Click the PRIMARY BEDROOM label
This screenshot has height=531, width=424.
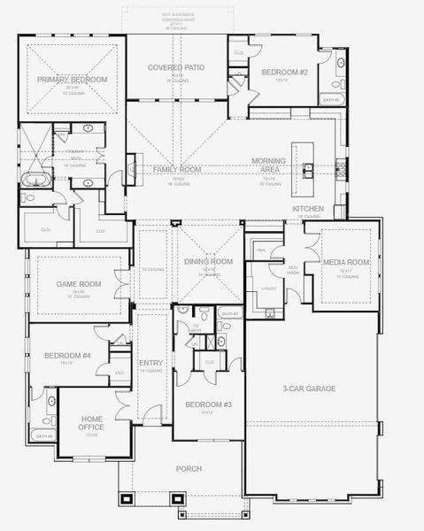tap(72, 80)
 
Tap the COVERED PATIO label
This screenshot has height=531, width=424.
tap(176, 66)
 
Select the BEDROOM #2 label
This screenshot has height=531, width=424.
tap(281, 72)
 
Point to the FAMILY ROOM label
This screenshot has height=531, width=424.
tap(176, 169)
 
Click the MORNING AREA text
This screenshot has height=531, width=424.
tap(268, 165)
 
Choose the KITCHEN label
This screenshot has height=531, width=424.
tap(308, 209)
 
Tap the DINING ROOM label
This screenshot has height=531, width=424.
tap(208, 261)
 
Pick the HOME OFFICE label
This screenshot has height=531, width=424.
tap(91, 423)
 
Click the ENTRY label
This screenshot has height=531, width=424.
tap(150, 363)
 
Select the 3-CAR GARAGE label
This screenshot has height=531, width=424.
tap(309, 388)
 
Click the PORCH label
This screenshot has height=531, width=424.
tap(189, 468)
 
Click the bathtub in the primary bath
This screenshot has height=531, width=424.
tap(35, 180)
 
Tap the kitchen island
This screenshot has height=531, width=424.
tap(310, 167)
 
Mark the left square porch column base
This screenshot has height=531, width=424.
tap(127, 498)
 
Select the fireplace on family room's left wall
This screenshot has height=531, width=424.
tap(130, 167)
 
